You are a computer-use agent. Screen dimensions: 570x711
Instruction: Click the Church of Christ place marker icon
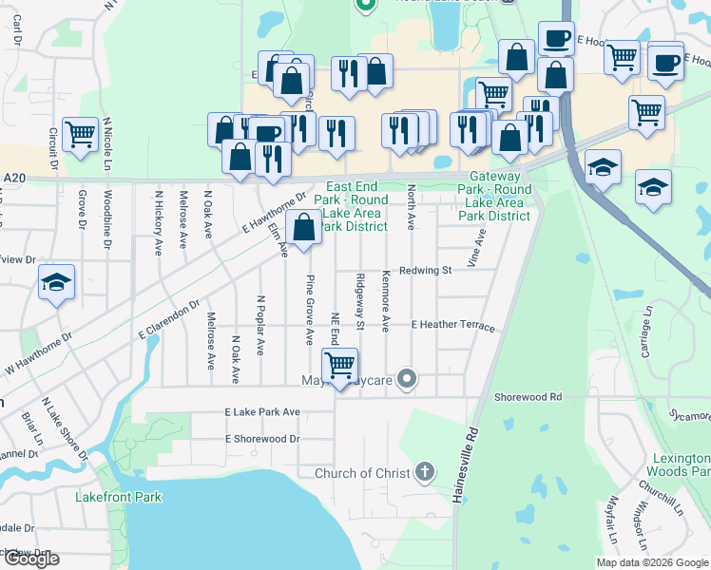425,472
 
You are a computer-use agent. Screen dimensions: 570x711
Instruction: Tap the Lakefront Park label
119,497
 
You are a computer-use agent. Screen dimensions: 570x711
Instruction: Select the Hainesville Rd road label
467,465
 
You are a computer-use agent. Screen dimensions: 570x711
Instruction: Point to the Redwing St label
424,271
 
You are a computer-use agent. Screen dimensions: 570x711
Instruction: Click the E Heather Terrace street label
452,326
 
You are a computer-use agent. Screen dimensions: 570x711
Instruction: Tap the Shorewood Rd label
528,396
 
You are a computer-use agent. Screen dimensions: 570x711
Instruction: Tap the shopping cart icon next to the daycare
339,365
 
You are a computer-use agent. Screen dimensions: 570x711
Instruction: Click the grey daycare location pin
407,379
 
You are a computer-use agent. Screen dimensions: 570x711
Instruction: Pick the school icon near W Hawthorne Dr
56,282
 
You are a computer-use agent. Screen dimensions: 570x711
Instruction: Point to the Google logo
31,560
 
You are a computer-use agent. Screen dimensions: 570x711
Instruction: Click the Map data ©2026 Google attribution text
652,562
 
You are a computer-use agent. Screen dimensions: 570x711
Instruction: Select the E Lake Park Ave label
262,412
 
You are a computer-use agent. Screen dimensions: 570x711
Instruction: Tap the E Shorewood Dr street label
262,439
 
